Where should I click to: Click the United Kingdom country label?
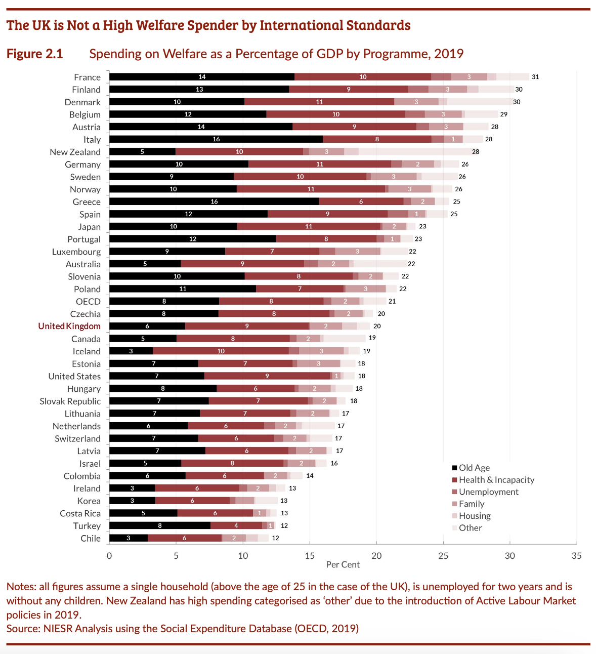(69, 326)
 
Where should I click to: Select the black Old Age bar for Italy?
(216, 139)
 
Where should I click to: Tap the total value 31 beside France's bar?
(535, 77)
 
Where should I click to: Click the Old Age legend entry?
(474, 468)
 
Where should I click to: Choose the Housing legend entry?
(474, 516)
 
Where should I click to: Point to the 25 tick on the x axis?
(443, 556)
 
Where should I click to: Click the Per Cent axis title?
(343, 565)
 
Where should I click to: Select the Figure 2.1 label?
(35, 54)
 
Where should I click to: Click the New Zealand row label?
(75, 152)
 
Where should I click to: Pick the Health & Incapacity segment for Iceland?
(221, 351)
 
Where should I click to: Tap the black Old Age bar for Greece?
(214, 201)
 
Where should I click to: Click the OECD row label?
(88, 302)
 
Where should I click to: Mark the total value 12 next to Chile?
(275, 538)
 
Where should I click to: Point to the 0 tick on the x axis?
(109, 556)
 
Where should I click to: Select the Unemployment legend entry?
(488, 492)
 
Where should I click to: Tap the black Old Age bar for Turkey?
(160, 526)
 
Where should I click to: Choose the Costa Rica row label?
(80, 513)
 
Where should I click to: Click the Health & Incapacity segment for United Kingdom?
(247, 326)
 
